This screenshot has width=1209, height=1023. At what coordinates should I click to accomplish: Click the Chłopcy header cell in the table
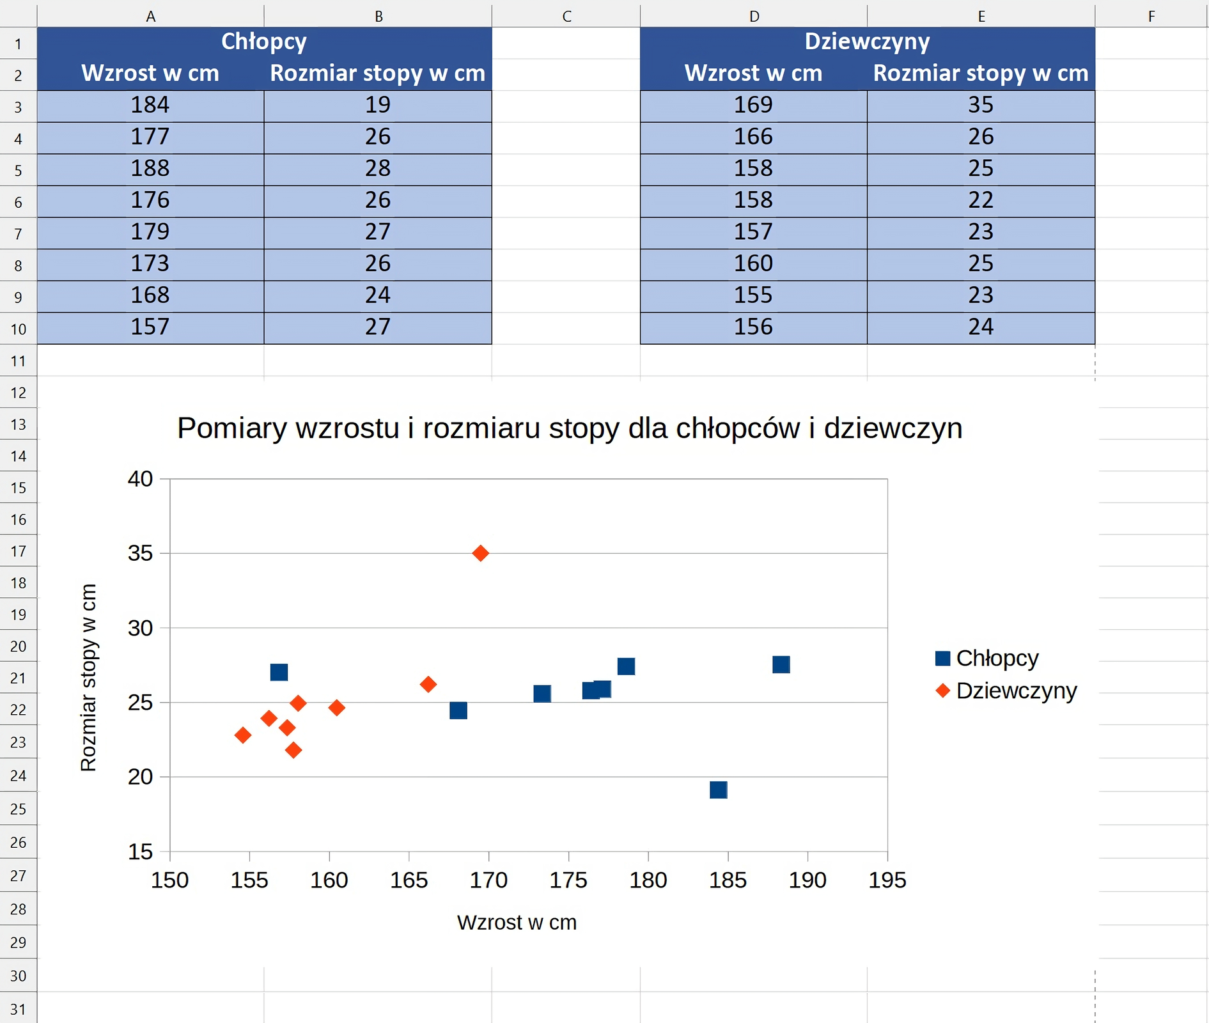264,42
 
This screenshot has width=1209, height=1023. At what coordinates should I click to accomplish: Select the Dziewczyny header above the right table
867,42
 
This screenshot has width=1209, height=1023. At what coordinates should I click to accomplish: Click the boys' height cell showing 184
150,105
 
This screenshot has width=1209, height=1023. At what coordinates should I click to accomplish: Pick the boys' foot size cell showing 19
378,105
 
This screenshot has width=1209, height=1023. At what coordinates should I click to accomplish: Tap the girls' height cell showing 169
753,105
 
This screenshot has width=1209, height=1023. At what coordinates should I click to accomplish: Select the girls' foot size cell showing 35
981,105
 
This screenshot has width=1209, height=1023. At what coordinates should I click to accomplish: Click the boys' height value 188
150,168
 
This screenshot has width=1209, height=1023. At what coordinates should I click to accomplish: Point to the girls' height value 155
753,295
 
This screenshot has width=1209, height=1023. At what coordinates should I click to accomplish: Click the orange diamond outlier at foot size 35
481,553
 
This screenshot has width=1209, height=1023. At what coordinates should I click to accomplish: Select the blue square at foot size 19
719,790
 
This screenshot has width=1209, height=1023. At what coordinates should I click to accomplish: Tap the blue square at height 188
781,665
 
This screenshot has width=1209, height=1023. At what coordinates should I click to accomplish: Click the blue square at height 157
279,672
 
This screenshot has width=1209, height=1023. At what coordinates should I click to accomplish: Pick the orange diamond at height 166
428,685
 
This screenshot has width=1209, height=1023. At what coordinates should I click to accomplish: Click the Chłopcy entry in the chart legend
997,658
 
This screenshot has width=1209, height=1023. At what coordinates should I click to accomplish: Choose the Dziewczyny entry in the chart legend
1016,691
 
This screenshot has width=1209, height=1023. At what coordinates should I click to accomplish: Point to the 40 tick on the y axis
140,479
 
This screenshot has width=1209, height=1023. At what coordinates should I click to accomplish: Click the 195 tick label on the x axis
887,880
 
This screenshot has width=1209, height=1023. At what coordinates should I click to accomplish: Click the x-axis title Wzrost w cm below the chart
517,923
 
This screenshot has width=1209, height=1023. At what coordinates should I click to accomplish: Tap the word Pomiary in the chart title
231,428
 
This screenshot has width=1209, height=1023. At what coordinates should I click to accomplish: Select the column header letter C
566,16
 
